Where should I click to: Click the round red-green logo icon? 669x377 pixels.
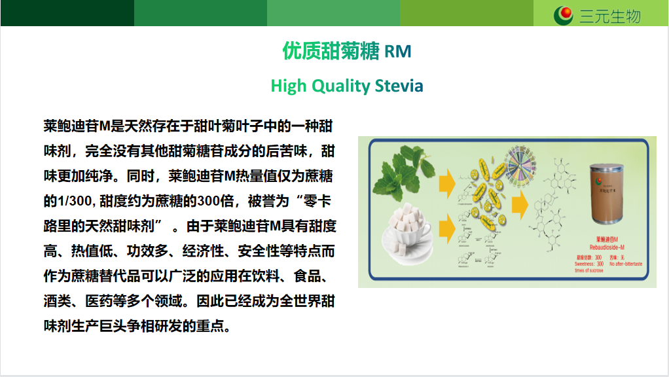564,14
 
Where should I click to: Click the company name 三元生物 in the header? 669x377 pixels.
610,15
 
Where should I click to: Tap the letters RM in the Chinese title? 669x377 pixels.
398,51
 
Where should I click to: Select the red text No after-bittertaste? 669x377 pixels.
626,264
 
